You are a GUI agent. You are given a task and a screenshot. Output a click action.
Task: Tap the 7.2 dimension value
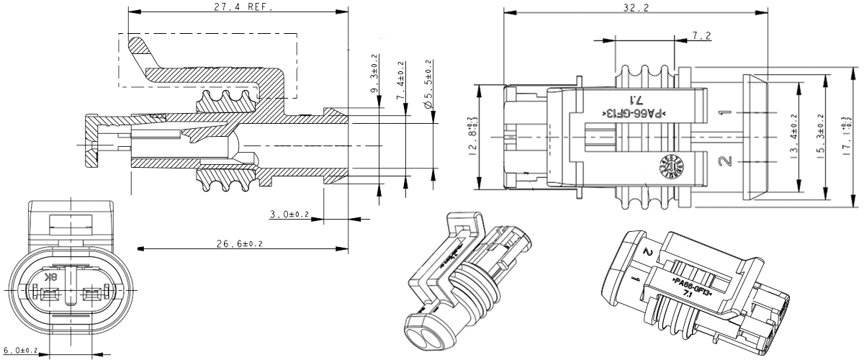[x=701, y=35]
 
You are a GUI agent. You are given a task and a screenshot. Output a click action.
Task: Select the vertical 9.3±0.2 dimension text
[x=374, y=77]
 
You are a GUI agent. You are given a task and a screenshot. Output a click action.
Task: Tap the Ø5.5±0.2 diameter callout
[x=428, y=84]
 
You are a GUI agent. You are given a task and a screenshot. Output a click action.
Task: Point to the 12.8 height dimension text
[x=472, y=137]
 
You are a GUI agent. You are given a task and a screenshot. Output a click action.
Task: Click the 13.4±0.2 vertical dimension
[x=794, y=137]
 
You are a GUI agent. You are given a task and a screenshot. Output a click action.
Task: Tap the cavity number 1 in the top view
[x=726, y=113]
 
